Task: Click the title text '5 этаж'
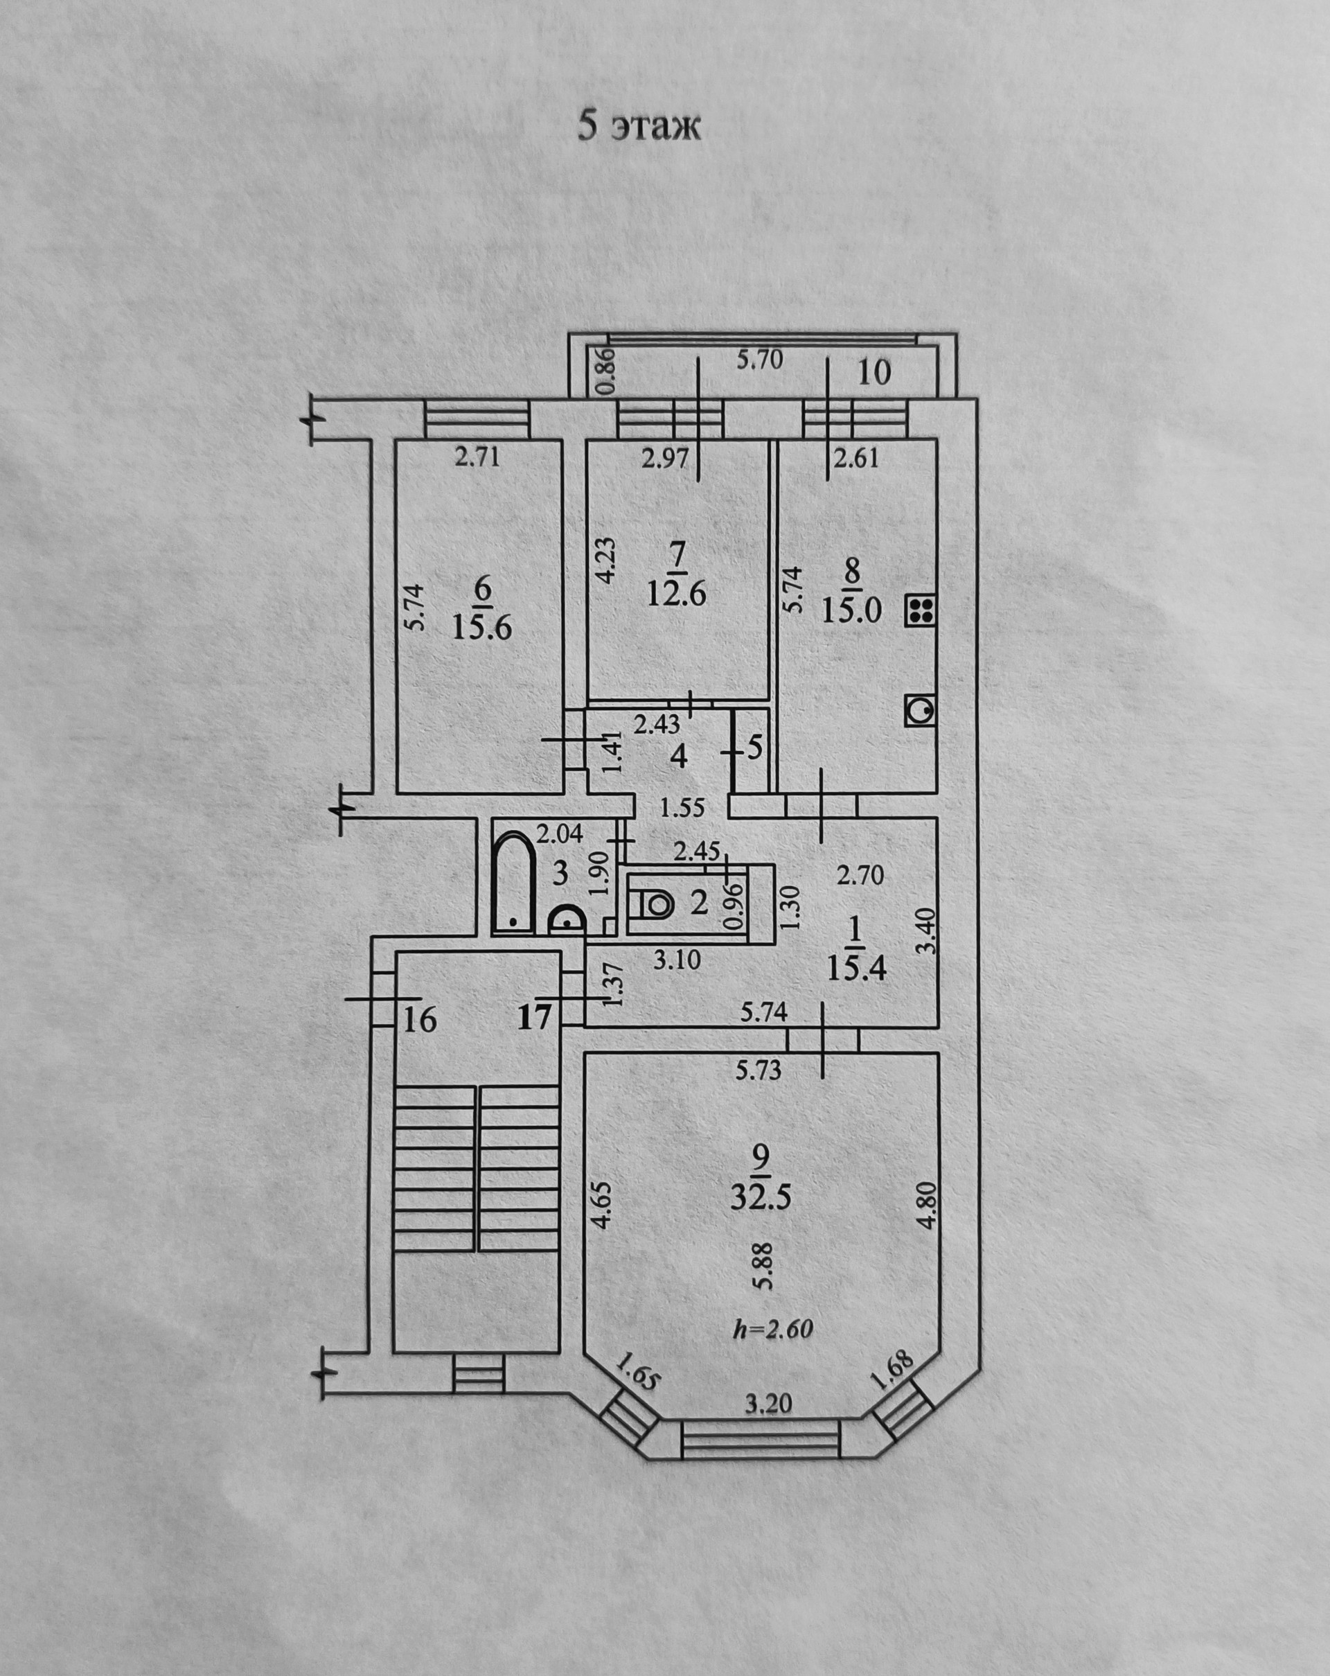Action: pyautogui.click(x=638, y=127)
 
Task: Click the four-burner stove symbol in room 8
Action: pyautogui.click(x=919, y=611)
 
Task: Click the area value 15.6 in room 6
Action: pyautogui.click(x=482, y=626)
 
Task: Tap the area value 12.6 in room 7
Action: pyautogui.click(x=675, y=595)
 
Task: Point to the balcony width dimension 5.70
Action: pyautogui.click(x=759, y=359)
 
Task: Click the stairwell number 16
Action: pyautogui.click(x=420, y=1019)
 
